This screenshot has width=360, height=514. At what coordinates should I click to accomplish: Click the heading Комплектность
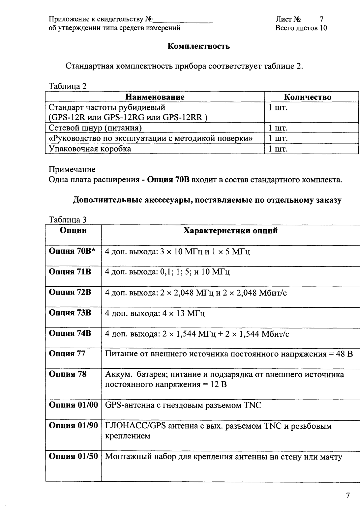(x=199, y=46)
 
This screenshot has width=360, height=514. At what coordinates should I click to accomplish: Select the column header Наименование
(x=155, y=97)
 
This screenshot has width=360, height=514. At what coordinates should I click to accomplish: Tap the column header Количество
(x=307, y=97)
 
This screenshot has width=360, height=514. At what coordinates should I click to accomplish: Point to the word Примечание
(x=72, y=170)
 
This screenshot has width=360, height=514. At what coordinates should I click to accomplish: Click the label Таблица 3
(x=68, y=219)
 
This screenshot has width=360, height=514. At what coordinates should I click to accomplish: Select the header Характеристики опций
(x=230, y=231)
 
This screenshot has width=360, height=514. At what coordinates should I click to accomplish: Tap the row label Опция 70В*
(x=72, y=251)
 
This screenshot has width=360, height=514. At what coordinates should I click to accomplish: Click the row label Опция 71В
(x=70, y=272)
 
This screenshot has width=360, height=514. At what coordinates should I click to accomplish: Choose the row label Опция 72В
(x=70, y=292)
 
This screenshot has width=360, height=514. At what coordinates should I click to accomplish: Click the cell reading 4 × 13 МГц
(x=155, y=313)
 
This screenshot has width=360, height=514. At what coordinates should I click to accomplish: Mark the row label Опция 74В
(x=70, y=333)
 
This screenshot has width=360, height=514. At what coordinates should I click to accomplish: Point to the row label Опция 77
(x=67, y=354)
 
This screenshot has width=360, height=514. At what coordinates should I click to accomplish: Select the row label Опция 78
(x=67, y=374)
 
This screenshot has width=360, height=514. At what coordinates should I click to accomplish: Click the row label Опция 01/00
(x=73, y=405)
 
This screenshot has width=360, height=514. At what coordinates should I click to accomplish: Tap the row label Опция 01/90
(x=73, y=426)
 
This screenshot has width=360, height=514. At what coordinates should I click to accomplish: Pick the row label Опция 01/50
(x=73, y=456)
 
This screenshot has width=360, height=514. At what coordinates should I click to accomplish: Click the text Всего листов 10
(x=301, y=28)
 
